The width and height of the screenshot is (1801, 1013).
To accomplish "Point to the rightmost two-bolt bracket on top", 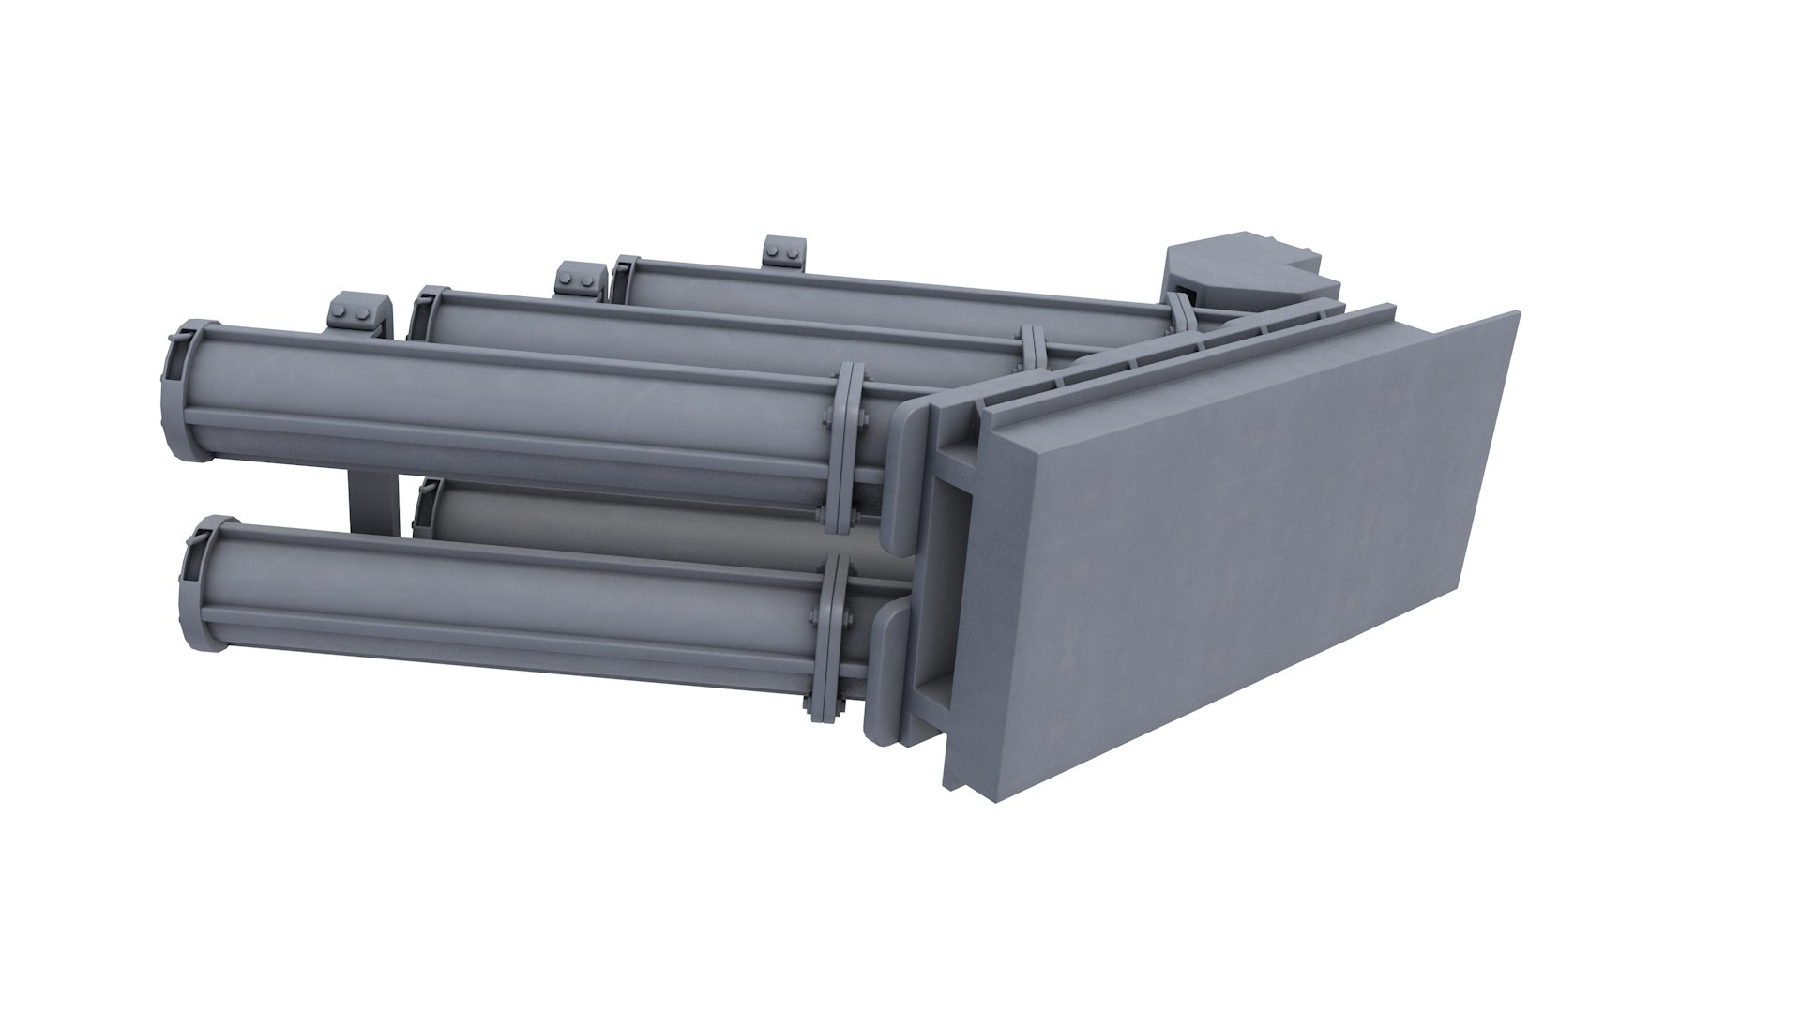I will pyautogui.click(x=784, y=253).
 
